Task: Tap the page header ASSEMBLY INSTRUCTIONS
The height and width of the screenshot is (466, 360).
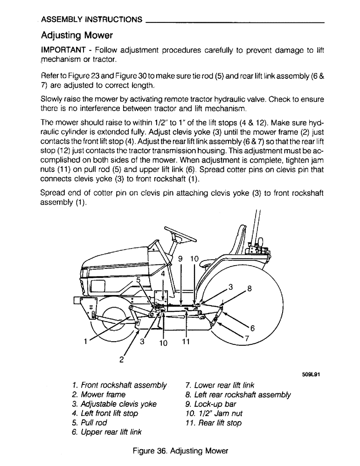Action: pyautogui.click(x=91, y=20)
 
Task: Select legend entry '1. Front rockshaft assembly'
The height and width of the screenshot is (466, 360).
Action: pyautogui.click(x=119, y=385)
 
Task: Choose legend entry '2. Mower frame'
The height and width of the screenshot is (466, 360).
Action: pyautogui.click(x=99, y=395)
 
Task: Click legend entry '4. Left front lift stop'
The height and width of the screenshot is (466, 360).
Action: pyautogui.click(x=105, y=413)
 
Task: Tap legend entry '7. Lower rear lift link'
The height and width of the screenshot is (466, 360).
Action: pyautogui.click(x=219, y=385)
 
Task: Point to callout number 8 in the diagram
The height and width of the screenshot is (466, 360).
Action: pyautogui.click(x=249, y=288)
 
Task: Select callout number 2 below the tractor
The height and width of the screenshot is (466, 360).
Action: pyautogui.click(x=122, y=359)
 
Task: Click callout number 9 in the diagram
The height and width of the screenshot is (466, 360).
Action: pyautogui.click(x=180, y=258)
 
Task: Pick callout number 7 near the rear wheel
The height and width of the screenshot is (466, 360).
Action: pyautogui.click(x=247, y=338)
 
